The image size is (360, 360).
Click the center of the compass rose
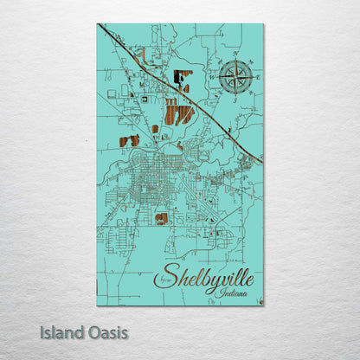(235, 78)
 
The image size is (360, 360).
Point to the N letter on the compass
(235, 58)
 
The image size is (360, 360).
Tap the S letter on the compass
(235, 99)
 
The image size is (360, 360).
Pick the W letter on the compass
(215, 78)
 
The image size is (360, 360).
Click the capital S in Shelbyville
(162, 278)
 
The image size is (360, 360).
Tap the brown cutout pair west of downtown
(129, 140)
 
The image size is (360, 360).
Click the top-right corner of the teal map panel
(263, 24)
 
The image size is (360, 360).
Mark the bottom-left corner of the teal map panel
(97, 305)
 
